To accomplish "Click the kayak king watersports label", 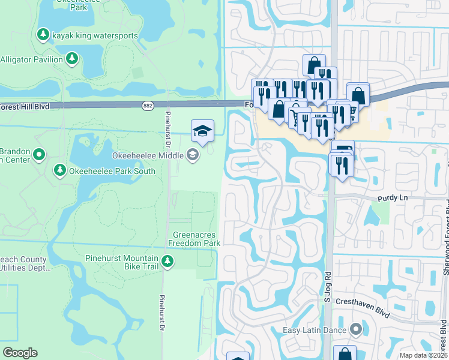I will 95,35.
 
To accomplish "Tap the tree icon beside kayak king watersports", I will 43,35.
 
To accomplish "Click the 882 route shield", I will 148,106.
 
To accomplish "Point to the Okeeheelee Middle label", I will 148,155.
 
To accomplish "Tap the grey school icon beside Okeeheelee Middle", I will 193,155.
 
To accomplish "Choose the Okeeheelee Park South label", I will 112,171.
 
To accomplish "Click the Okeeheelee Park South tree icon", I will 60,171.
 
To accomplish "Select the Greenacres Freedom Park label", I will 194,239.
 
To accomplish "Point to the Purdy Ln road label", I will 392,197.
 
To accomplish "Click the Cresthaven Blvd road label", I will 363,308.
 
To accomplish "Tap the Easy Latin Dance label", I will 315,330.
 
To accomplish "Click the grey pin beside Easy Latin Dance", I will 356,330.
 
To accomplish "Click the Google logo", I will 20,353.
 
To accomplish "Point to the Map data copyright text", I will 424,355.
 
